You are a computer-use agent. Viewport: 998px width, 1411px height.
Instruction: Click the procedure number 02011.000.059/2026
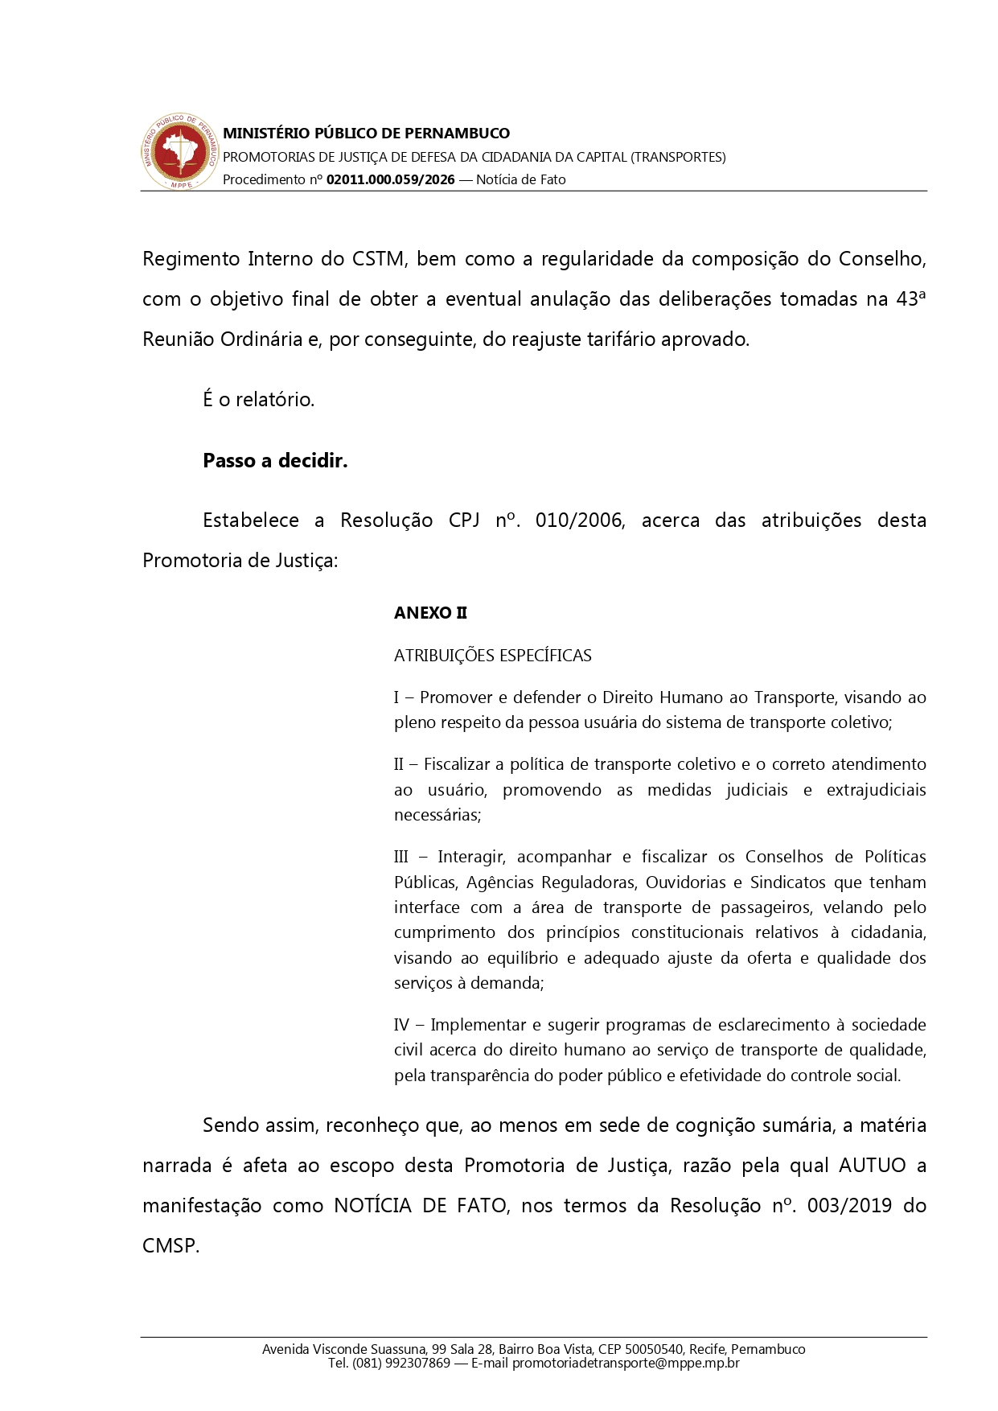[390, 180]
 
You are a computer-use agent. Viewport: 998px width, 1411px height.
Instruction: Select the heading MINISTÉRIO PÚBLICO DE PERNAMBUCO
[366, 134]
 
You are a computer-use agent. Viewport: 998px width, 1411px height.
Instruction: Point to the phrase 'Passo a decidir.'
[275, 461]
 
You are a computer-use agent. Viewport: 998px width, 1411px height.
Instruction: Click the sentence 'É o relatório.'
[258, 400]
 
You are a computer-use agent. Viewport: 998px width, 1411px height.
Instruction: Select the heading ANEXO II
[430, 613]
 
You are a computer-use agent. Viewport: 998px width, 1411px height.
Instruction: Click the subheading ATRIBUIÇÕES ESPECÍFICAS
[492, 656]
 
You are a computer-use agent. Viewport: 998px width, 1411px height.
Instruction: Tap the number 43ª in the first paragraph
[911, 299]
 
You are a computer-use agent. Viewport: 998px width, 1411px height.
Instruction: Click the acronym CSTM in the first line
[379, 259]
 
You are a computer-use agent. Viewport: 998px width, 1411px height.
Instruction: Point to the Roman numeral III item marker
[401, 857]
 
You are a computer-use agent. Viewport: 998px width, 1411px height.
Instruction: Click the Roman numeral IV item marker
[401, 1025]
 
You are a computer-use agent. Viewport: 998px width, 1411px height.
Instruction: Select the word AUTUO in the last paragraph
[873, 1166]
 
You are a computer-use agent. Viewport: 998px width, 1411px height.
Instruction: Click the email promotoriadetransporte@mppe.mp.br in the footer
[626, 1364]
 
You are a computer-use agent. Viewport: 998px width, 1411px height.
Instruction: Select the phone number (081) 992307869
[400, 1364]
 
